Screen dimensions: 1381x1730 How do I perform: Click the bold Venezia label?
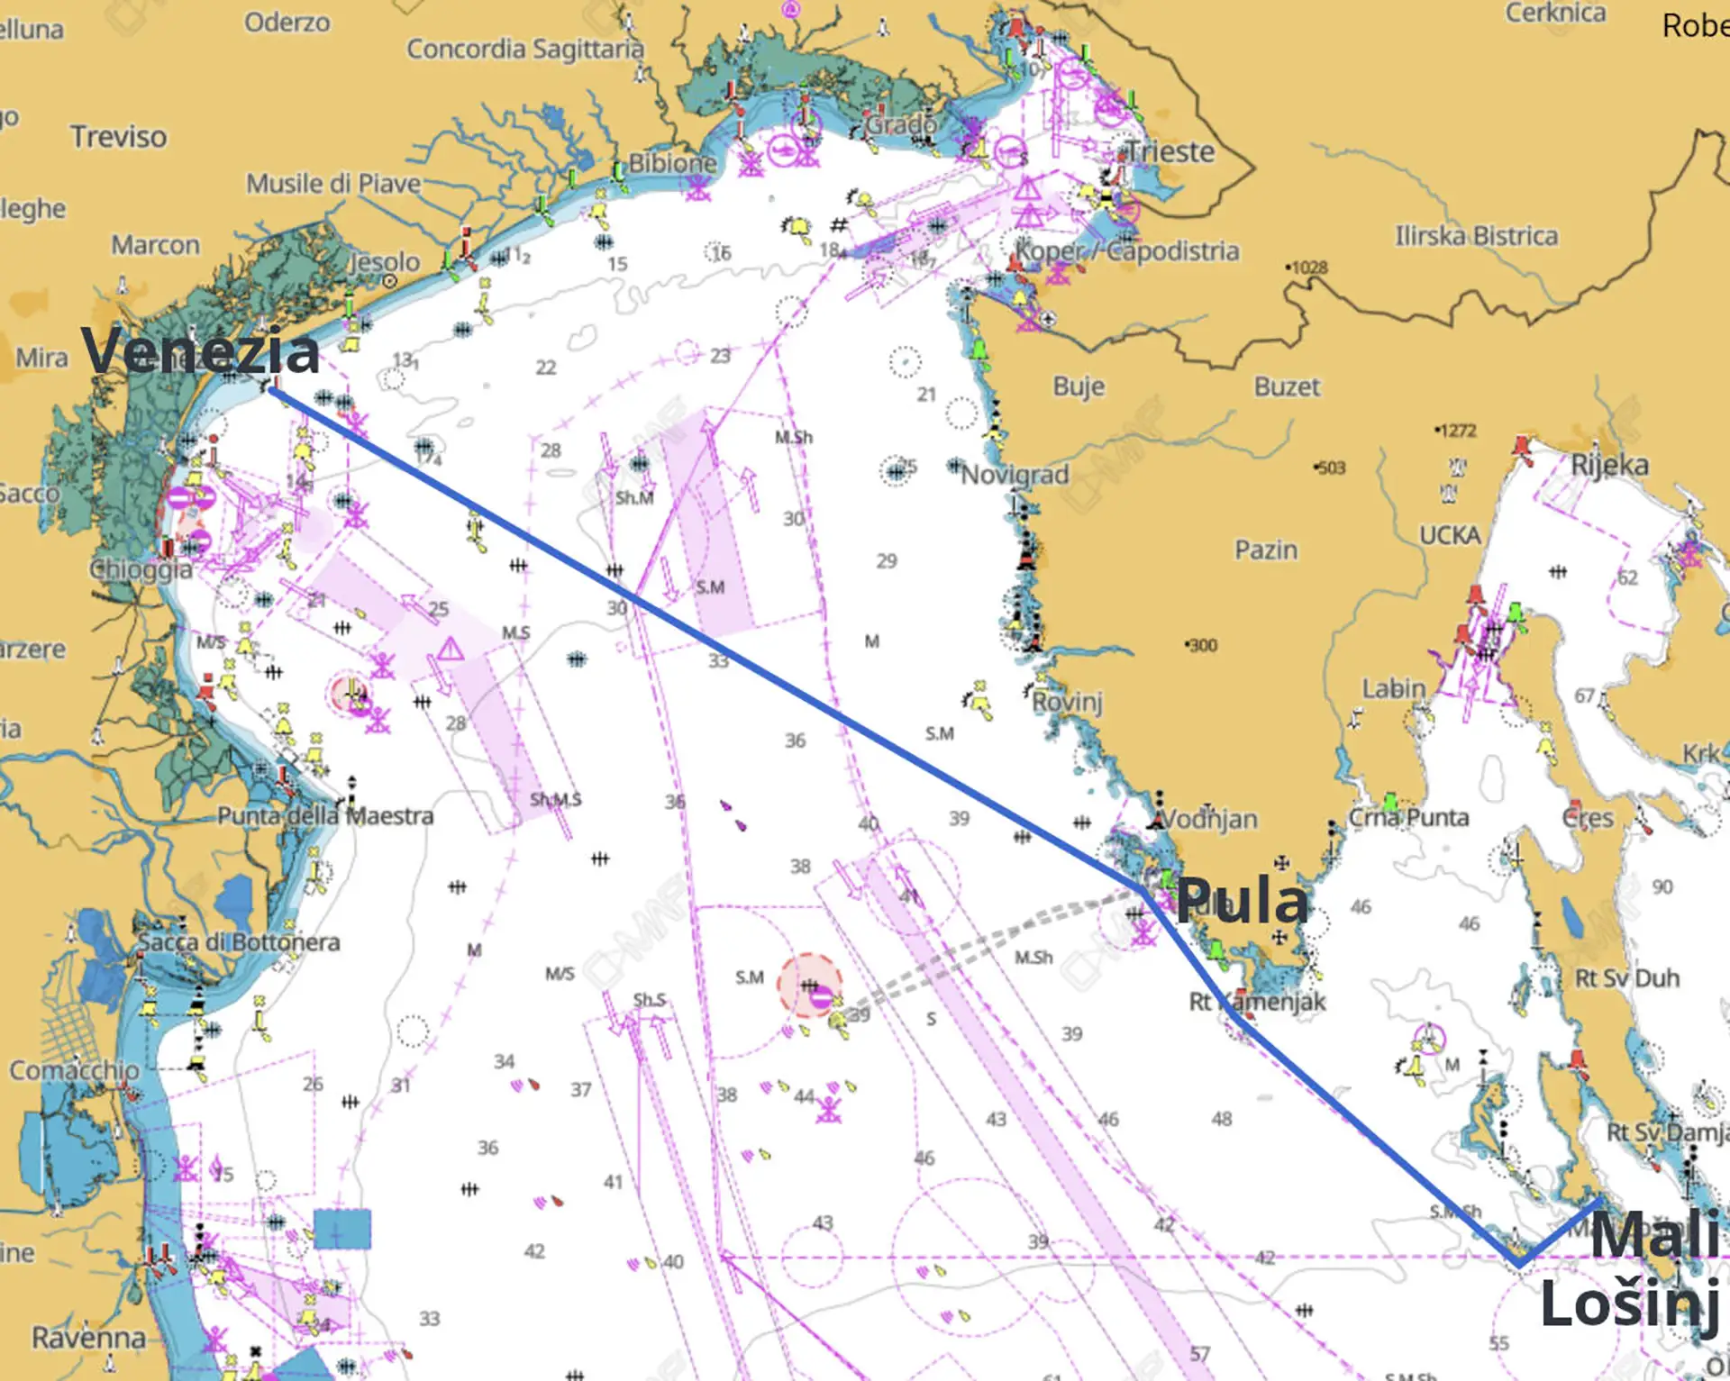(x=200, y=350)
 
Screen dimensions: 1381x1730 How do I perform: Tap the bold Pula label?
(x=1242, y=900)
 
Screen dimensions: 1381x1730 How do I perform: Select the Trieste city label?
(x=1170, y=151)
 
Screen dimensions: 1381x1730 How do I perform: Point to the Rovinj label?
(x=1067, y=701)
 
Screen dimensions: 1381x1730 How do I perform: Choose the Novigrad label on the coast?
(x=1015, y=474)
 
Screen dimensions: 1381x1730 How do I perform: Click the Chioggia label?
(x=141, y=569)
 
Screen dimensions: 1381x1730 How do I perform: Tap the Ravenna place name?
(x=88, y=1338)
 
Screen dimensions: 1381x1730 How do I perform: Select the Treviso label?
(x=119, y=137)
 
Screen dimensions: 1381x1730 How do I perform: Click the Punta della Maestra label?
(x=325, y=816)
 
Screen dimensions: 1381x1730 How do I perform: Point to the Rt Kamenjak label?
(x=1258, y=1001)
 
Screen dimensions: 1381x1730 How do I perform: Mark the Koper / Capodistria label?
(x=1127, y=250)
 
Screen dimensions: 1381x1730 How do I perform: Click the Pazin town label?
(x=1266, y=550)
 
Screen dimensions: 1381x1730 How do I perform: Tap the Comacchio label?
(x=75, y=1070)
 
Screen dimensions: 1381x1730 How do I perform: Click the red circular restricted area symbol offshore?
(x=809, y=986)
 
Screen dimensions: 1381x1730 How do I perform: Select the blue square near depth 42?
(x=342, y=1229)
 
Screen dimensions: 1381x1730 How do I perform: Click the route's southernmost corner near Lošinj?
(x=1519, y=1264)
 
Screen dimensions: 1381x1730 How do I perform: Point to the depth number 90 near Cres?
(x=1662, y=886)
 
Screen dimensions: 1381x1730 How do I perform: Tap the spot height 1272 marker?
(x=1456, y=431)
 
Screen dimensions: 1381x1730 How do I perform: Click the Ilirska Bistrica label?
(x=1476, y=236)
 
